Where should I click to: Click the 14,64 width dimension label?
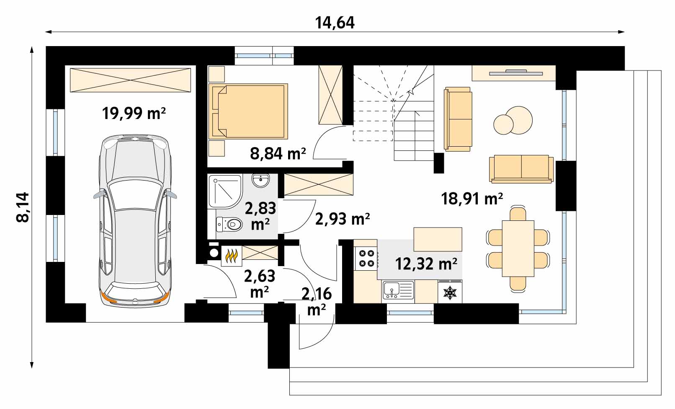[x=335, y=23]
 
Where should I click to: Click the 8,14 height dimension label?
[x=23, y=207]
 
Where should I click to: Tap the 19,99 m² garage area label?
[x=134, y=114]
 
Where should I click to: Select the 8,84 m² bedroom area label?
[x=278, y=153]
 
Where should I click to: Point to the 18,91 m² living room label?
[x=472, y=199]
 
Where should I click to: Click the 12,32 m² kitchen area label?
[x=426, y=264]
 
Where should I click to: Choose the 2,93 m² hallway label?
[x=343, y=219]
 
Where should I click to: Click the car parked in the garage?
[x=135, y=221]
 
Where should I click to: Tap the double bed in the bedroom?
[x=248, y=111]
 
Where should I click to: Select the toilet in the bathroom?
[x=229, y=225]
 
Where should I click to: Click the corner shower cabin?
[x=225, y=191]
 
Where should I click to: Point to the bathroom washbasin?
[x=260, y=181]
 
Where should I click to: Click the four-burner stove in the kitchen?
[x=366, y=259]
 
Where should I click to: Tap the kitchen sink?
[x=398, y=290]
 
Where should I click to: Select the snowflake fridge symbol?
[x=450, y=293]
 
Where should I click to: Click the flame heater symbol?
[x=232, y=256]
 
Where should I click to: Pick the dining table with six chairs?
[x=518, y=249]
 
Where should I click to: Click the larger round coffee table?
[x=519, y=120]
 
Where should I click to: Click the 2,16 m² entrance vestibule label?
[x=317, y=301]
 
